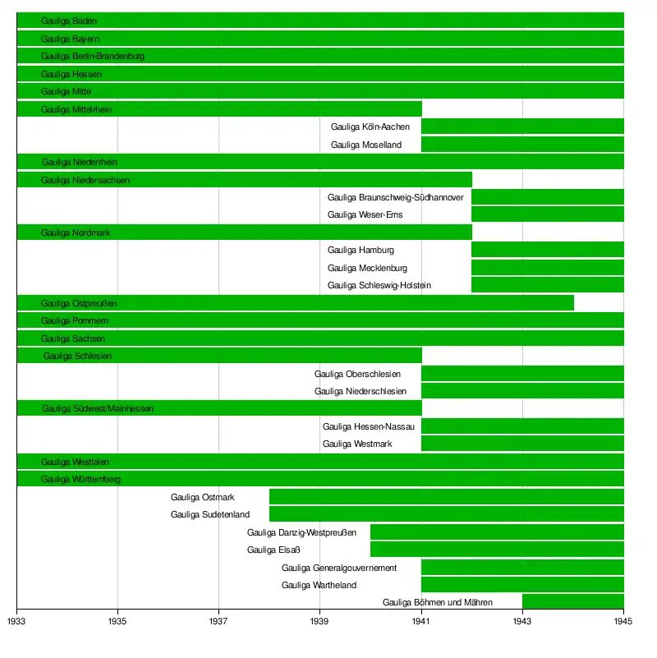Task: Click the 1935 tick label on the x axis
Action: click(x=117, y=622)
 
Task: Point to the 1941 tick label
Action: click(x=421, y=622)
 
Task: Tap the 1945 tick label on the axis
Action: click(x=623, y=622)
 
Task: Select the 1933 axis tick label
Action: click(x=16, y=622)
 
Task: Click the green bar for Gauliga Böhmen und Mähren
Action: click(x=573, y=602)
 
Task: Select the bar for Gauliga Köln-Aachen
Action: click(x=522, y=127)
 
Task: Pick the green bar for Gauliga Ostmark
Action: click(x=446, y=497)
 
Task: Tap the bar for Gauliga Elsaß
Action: click(x=497, y=550)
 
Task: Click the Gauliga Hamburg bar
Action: click(x=548, y=250)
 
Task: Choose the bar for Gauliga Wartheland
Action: click(x=522, y=585)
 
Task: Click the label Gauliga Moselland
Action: click(x=366, y=145)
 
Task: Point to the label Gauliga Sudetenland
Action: click(x=210, y=514)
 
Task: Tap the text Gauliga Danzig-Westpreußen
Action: click(x=301, y=532)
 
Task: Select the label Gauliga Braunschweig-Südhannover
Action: click(x=395, y=197)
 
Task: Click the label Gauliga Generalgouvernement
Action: click(x=339, y=568)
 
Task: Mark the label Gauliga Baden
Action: click(x=69, y=21)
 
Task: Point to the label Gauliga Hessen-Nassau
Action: click(x=369, y=426)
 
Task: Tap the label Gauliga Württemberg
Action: click(x=80, y=479)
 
